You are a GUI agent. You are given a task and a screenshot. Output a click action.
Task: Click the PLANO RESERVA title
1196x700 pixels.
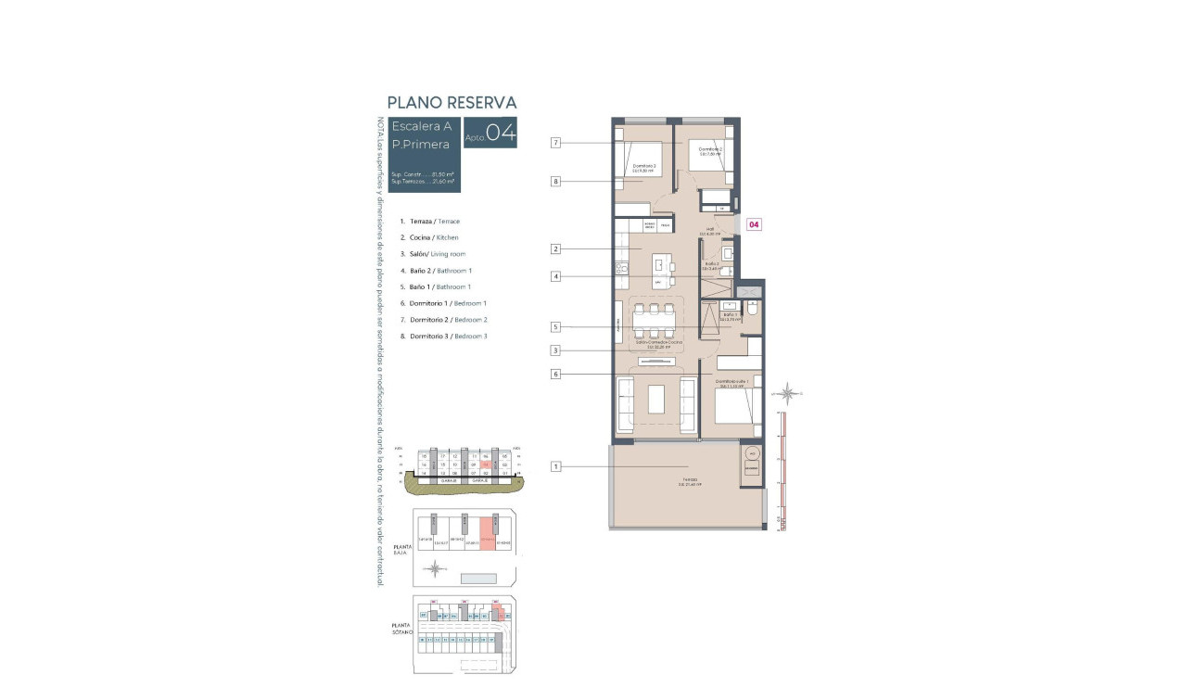[452, 103]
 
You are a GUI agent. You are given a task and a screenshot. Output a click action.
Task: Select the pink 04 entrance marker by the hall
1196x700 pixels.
[754, 224]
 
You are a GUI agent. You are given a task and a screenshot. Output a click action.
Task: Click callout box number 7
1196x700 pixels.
[555, 143]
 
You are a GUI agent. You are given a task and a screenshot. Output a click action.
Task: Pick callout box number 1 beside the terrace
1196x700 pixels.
[555, 466]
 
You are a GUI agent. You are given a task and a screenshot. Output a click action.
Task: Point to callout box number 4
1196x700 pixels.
[555, 276]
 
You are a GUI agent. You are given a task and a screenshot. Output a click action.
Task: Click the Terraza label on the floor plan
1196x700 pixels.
[687, 480]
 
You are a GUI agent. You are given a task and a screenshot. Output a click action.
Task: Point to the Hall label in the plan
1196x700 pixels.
[710, 230]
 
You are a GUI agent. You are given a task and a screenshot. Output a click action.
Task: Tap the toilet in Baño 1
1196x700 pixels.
[752, 309]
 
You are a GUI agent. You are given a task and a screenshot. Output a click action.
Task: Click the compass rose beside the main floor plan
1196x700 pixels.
[787, 394]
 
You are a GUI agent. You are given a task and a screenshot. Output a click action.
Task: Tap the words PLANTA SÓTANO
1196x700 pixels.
[401, 628]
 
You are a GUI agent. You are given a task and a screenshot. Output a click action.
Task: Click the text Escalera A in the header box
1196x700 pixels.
[421, 126]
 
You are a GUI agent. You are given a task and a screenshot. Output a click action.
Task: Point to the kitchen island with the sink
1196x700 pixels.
[662, 268]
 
